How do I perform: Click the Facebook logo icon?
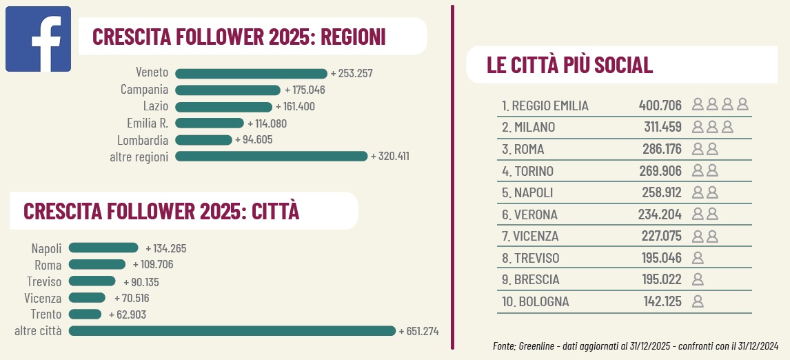(39, 39)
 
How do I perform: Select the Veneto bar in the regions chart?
(251, 74)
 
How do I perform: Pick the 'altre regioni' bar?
(271, 157)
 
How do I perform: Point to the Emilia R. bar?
(210, 123)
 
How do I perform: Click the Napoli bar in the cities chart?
(103, 248)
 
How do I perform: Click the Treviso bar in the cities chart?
(92, 281)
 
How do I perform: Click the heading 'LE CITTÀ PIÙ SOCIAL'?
(569, 66)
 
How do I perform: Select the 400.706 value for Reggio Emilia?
(660, 106)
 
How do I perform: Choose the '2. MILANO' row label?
(528, 128)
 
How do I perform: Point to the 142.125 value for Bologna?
(660, 301)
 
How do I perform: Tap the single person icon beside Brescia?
(698, 279)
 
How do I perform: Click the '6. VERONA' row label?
(529, 214)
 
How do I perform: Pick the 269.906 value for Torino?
(660, 171)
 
